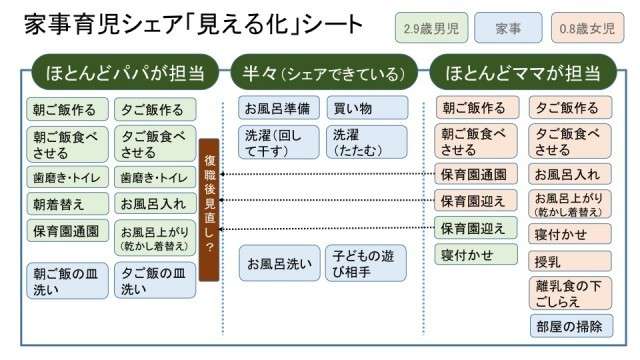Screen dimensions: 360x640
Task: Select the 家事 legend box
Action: click(x=509, y=28)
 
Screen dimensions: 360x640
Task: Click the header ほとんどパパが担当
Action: click(x=125, y=72)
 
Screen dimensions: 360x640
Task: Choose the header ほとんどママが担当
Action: click(x=523, y=72)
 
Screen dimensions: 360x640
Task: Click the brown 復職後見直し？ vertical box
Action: click(x=209, y=209)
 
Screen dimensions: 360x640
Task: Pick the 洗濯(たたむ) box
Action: click(x=367, y=142)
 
